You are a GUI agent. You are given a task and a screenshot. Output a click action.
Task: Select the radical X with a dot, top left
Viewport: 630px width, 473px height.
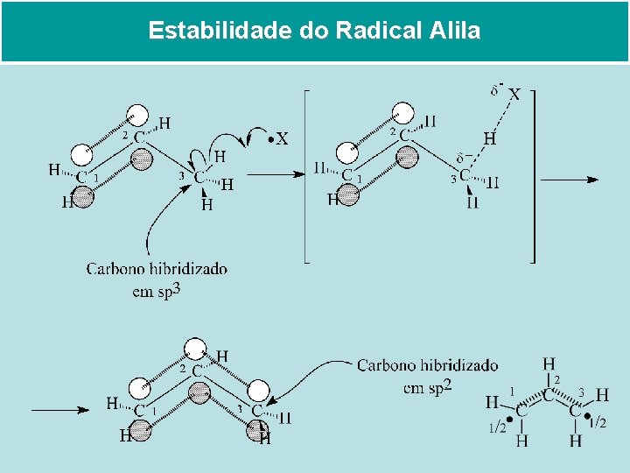point(278,138)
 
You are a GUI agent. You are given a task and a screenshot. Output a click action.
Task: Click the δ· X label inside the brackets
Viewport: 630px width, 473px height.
point(507,92)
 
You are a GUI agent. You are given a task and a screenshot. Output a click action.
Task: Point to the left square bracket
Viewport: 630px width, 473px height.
point(306,175)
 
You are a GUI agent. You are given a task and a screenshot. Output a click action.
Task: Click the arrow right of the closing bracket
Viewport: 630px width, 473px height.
point(570,180)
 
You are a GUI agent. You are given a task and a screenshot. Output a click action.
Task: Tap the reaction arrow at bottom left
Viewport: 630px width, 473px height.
point(60,409)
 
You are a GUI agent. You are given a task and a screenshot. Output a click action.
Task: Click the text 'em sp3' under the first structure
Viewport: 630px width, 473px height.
point(157,291)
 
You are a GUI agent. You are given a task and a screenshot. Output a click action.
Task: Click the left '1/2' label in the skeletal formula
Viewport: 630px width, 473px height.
point(496,427)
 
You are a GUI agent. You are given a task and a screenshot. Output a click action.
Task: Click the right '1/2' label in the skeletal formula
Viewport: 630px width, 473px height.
point(598,424)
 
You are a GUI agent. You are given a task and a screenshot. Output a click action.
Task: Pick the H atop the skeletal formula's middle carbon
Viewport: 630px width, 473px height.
point(549,363)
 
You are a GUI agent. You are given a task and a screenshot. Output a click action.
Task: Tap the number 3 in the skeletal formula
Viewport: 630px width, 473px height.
point(580,392)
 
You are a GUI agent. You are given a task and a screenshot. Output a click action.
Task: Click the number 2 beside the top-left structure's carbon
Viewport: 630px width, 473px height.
point(125,136)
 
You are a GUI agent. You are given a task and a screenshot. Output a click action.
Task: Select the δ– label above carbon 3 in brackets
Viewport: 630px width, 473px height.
point(465,159)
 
